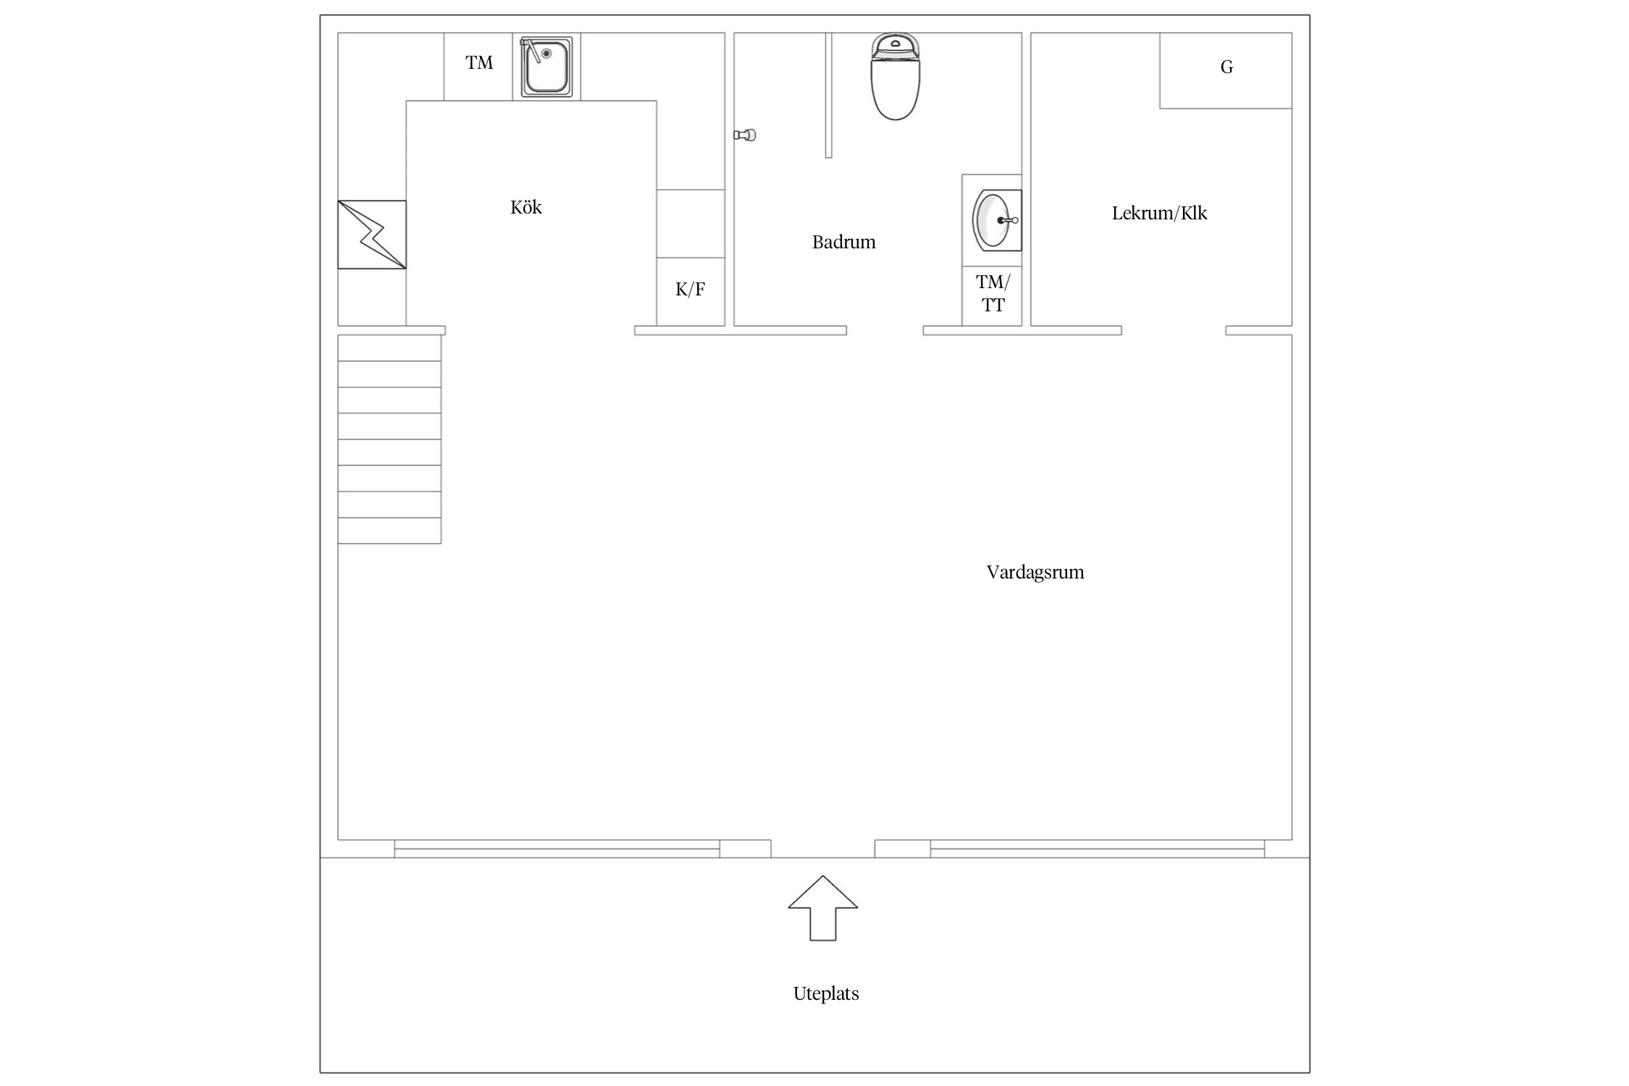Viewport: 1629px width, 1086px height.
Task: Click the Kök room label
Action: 526,208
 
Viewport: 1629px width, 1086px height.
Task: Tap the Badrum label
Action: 843,242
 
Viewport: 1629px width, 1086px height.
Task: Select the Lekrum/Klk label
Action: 1159,213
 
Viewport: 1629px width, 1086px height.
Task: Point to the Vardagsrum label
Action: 1035,573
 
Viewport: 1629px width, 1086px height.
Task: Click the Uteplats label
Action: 826,993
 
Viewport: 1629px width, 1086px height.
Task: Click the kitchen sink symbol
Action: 547,66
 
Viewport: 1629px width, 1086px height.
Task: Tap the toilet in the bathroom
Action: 896,76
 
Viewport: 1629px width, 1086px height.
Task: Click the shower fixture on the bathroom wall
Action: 745,135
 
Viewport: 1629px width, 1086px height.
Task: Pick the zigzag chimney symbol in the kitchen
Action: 372,235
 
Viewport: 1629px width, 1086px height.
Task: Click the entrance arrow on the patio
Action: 823,908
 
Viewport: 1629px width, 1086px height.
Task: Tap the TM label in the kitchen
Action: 479,63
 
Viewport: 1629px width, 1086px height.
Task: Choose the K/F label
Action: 690,290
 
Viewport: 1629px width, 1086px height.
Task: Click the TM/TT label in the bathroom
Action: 993,293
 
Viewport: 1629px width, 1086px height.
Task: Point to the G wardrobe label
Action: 1226,67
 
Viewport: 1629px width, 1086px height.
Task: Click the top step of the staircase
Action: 390,348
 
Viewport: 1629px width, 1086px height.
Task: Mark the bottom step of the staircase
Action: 390,531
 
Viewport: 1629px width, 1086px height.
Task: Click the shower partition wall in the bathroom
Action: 828,95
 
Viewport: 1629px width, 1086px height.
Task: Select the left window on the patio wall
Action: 557,849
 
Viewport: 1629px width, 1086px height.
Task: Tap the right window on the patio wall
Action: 1098,849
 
